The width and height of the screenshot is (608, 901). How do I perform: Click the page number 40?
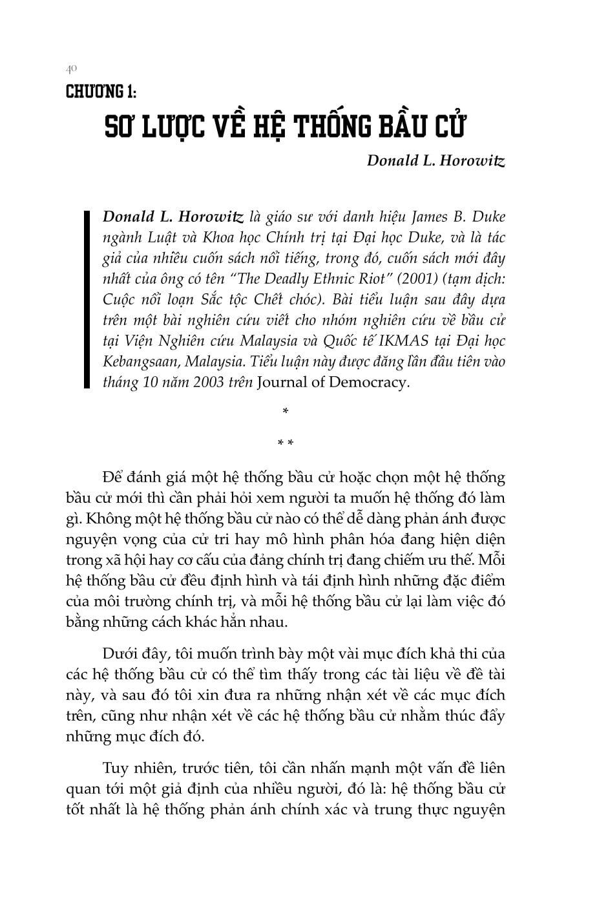point(71,68)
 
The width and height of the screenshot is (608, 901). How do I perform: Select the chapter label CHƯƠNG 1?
point(101,91)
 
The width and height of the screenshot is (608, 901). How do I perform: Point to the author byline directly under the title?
point(435,160)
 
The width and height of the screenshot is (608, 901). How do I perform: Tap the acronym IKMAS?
point(403,341)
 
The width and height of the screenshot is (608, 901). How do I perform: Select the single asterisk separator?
point(286,412)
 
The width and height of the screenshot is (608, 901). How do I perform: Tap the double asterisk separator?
point(286,443)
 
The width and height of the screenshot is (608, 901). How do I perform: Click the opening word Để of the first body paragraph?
point(112,478)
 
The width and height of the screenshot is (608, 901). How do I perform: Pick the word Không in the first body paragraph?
point(107,519)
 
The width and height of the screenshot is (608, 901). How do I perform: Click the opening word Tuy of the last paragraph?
point(114,768)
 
